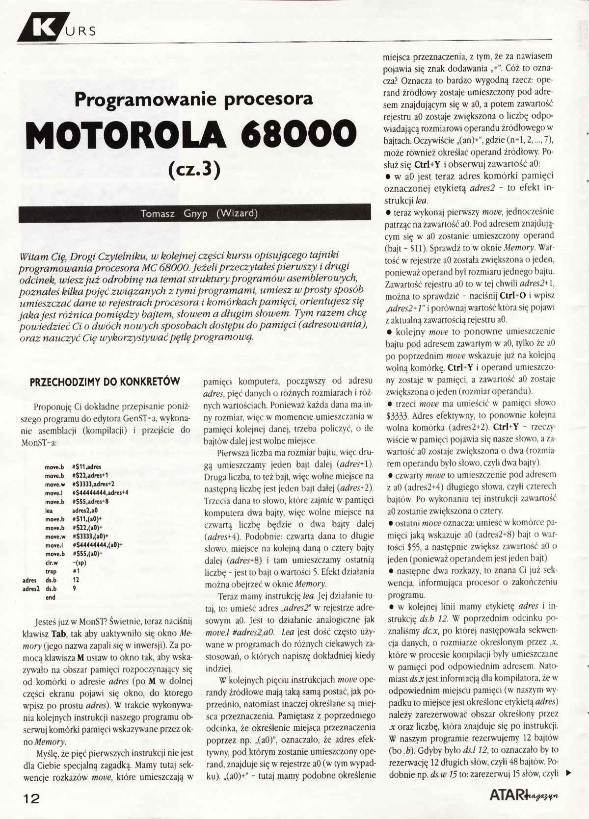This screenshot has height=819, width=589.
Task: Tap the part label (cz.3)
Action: coord(194,169)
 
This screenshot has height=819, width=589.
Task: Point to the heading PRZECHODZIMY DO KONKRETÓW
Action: coord(105,382)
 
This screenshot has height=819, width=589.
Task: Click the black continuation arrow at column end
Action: coord(568,774)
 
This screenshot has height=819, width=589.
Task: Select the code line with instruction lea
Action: coord(74,511)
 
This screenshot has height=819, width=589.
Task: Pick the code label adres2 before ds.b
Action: coord(31,589)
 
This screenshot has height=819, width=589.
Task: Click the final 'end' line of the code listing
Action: coord(51,597)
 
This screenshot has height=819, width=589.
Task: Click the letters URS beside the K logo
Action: coord(79,32)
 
